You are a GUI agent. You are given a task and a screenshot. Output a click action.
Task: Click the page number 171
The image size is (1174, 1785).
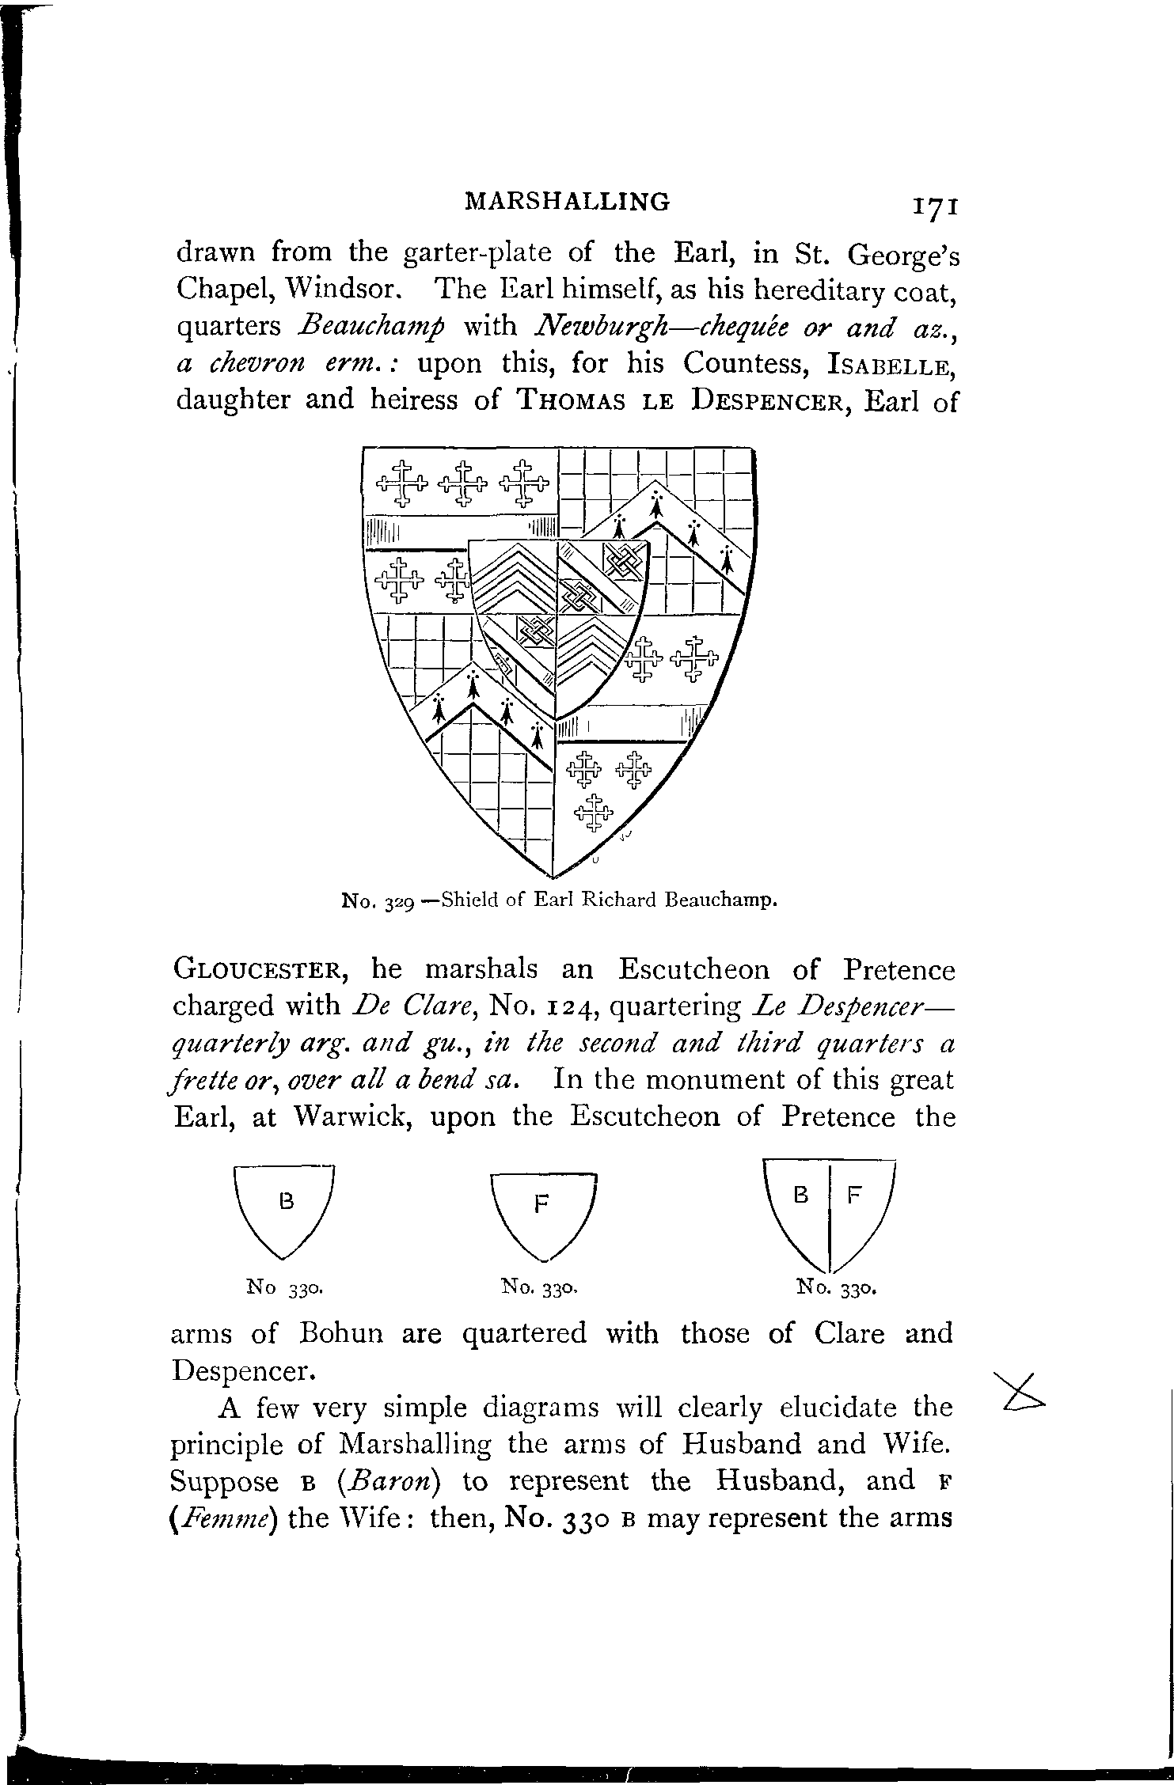click(x=937, y=206)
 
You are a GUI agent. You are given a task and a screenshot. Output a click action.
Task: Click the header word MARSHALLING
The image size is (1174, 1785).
click(x=568, y=202)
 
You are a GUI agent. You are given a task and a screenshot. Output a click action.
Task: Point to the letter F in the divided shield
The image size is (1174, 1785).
click(x=853, y=1196)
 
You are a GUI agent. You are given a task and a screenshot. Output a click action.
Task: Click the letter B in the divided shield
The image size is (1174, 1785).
click(x=801, y=1196)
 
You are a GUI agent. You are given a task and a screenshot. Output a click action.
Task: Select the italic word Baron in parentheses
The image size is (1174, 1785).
click(x=387, y=1481)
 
